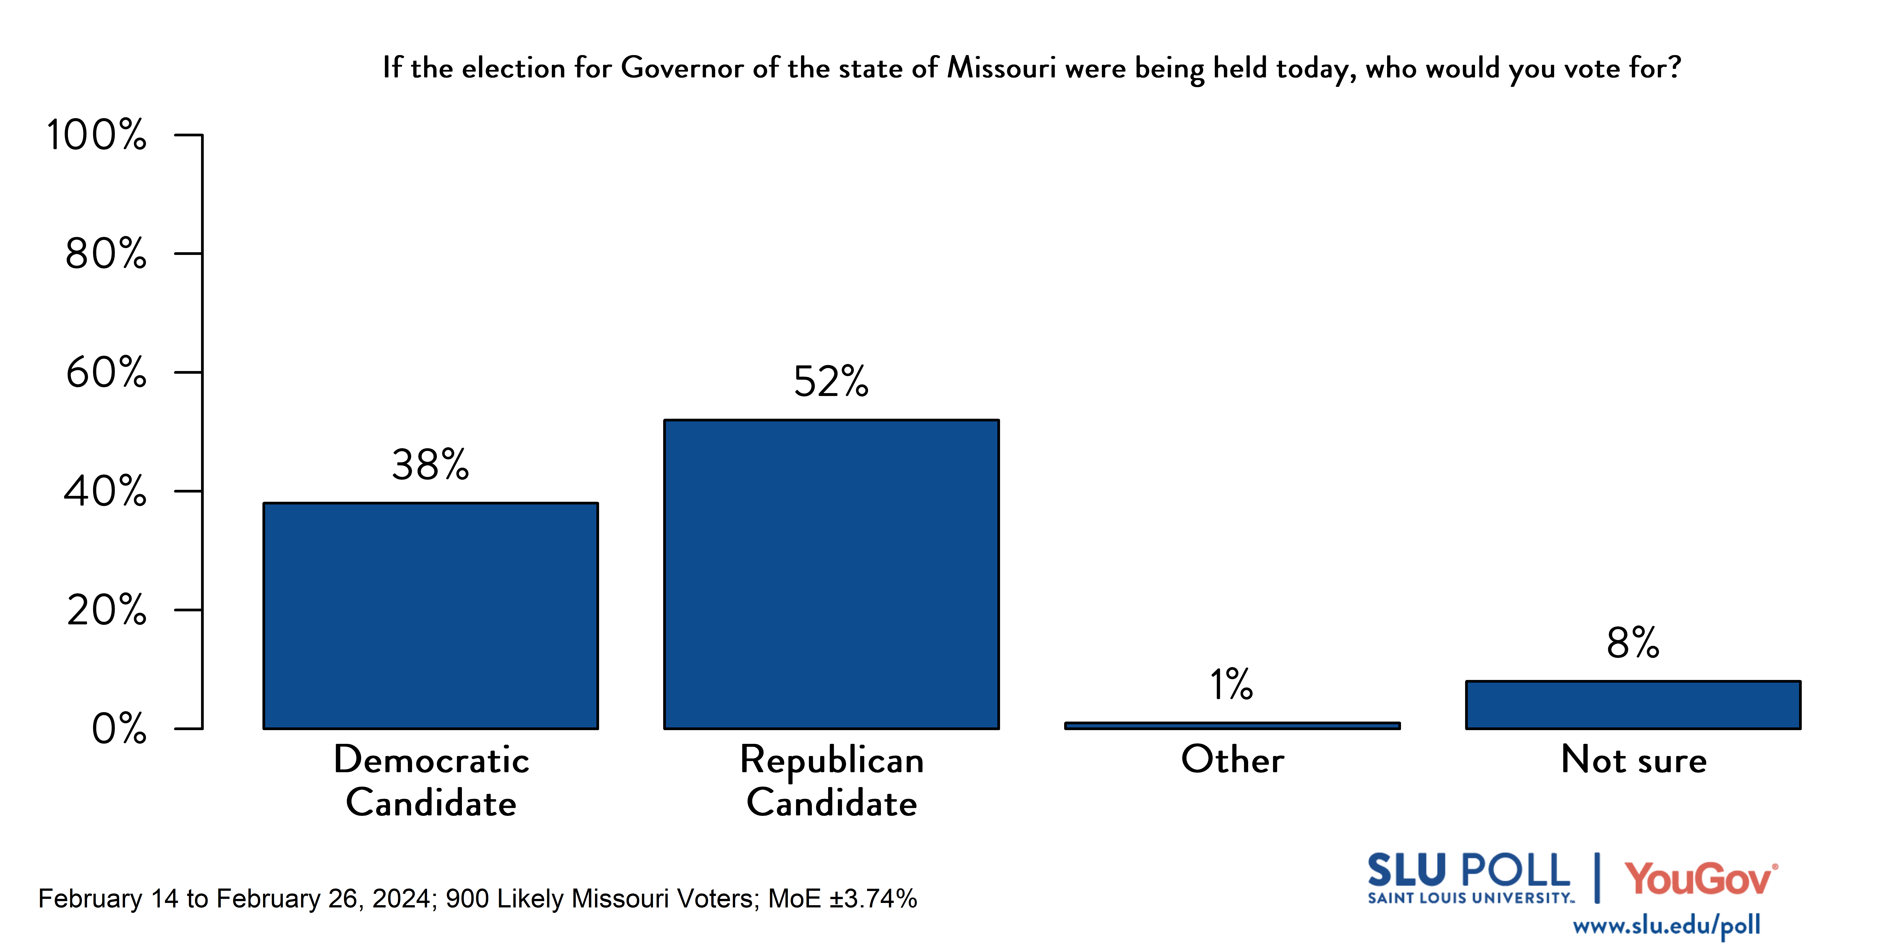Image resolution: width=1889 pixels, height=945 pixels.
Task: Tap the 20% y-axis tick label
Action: (x=106, y=610)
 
